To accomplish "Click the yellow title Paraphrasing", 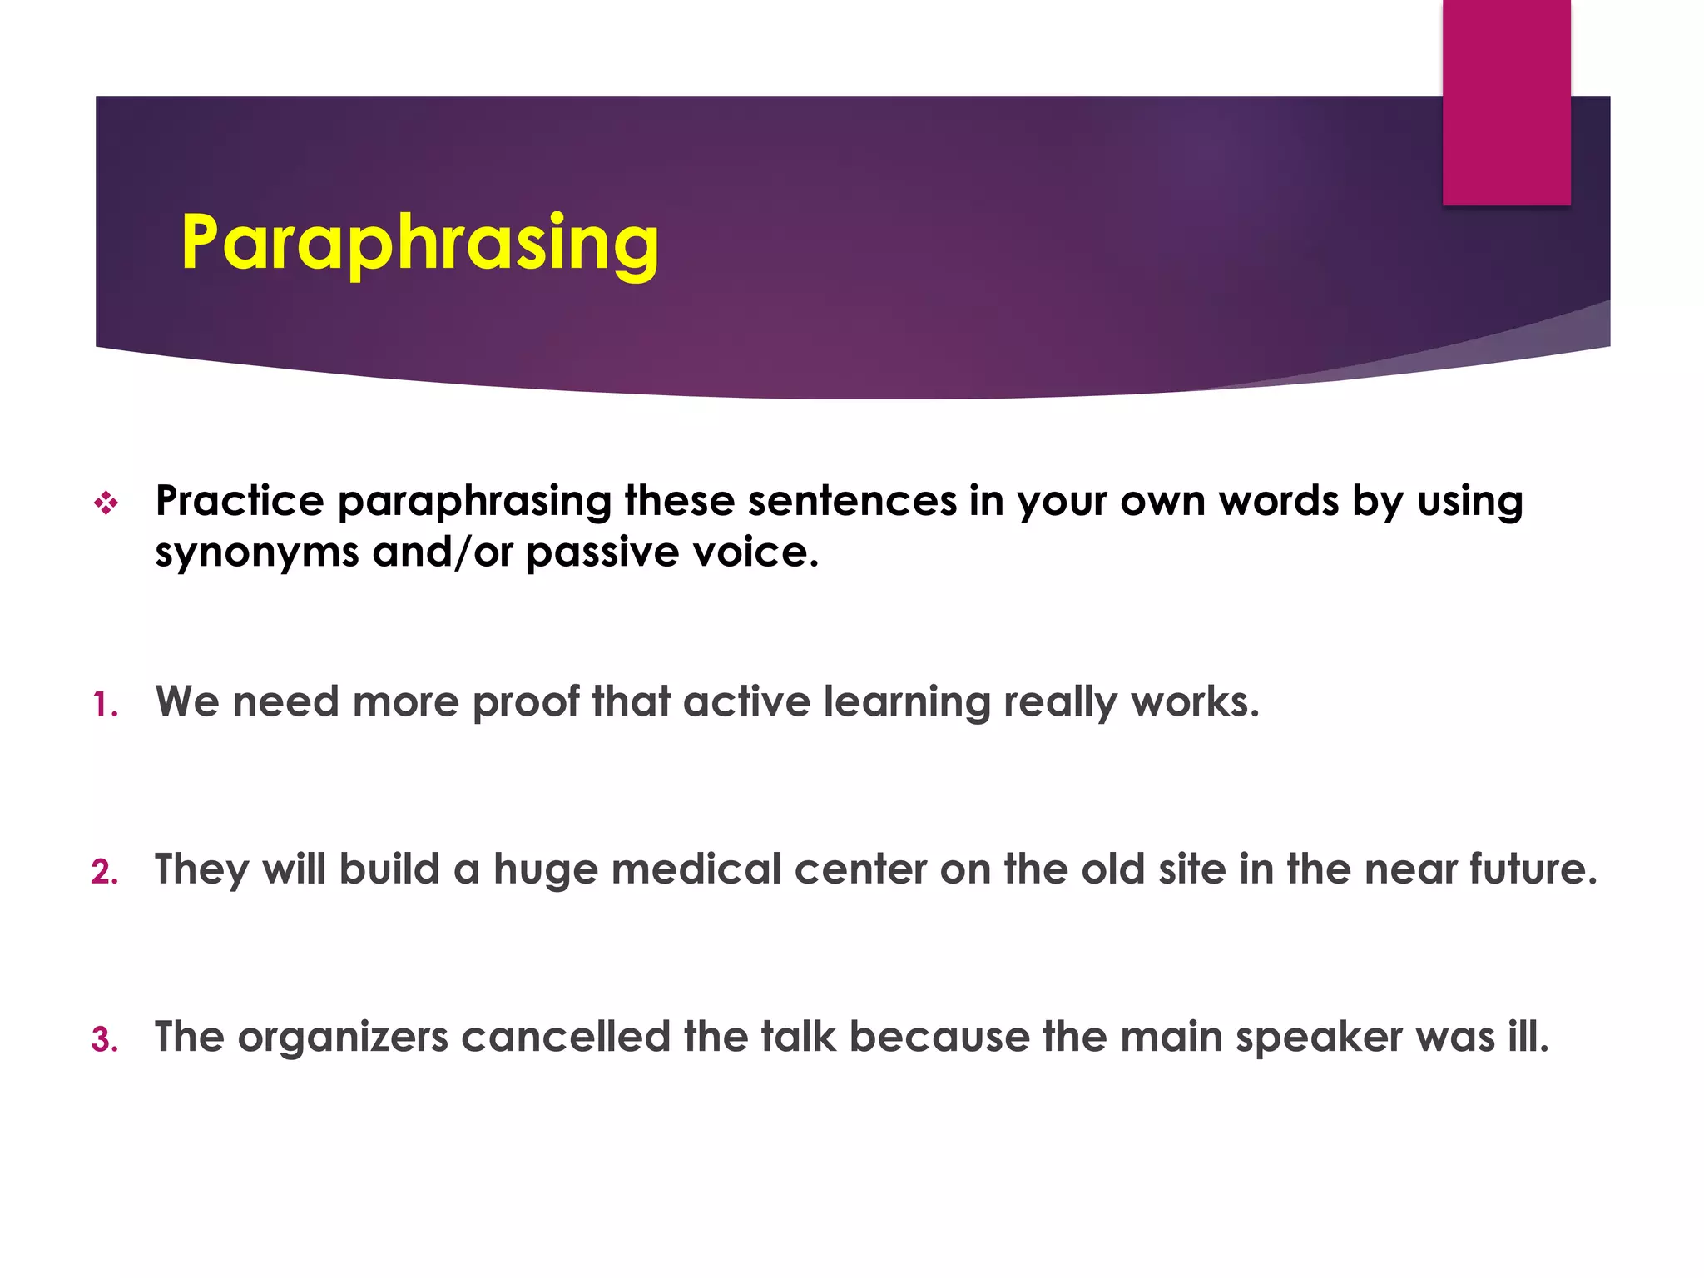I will (x=420, y=243).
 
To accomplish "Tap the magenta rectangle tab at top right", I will (x=1506, y=102).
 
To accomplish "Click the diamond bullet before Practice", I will (x=106, y=503).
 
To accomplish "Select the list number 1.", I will (x=105, y=706).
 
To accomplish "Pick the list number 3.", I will (x=105, y=1040).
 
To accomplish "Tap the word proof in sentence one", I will (x=526, y=702).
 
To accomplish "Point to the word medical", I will (x=696, y=869).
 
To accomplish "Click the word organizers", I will (x=343, y=1038).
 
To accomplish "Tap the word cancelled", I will (x=566, y=1037).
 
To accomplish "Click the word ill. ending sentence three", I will (x=1528, y=1037).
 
